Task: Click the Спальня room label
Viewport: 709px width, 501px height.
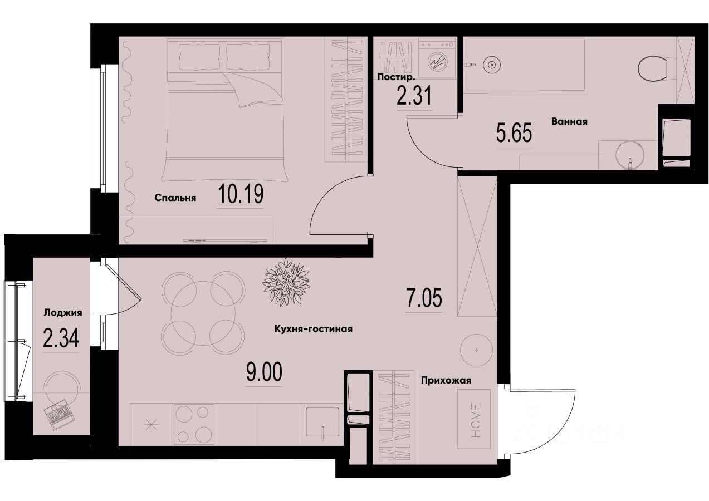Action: [175, 198]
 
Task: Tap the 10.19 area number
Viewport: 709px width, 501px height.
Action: [240, 195]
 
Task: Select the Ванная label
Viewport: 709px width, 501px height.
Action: [570, 121]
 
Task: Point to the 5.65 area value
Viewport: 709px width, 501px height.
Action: [514, 134]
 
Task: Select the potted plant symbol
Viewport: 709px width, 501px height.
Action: [286, 281]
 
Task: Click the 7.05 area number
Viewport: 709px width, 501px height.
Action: [424, 299]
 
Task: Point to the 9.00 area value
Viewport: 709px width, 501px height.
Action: [264, 371]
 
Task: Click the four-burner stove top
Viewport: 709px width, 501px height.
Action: [194, 424]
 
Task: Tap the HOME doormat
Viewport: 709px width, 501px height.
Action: [474, 419]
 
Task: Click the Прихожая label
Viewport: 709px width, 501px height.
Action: [447, 381]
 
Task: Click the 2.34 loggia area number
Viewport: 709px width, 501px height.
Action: [60, 339]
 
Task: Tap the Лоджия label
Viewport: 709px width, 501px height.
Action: [63, 313]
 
